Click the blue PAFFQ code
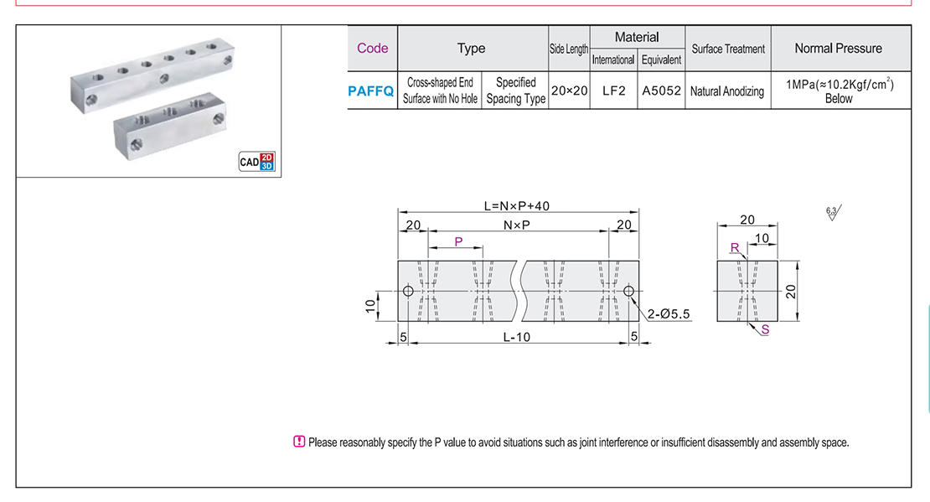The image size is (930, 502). (x=370, y=91)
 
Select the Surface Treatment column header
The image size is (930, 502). (x=728, y=49)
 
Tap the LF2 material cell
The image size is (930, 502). (x=613, y=91)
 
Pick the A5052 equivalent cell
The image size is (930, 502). (x=662, y=91)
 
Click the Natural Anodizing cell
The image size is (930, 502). (x=727, y=91)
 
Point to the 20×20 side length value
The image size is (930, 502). (x=569, y=91)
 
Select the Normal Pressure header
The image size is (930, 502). (x=838, y=48)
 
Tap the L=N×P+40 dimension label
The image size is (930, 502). (x=517, y=205)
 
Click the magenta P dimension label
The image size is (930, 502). (x=458, y=241)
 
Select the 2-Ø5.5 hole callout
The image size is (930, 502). (x=668, y=314)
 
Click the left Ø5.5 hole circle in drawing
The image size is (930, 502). (x=408, y=292)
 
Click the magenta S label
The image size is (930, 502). (x=765, y=330)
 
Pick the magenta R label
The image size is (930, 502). (x=735, y=248)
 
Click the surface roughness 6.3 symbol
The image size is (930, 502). (x=833, y=212)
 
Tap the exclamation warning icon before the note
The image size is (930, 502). (x=299, y=442)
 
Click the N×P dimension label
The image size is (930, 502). (x=517, y=225)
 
